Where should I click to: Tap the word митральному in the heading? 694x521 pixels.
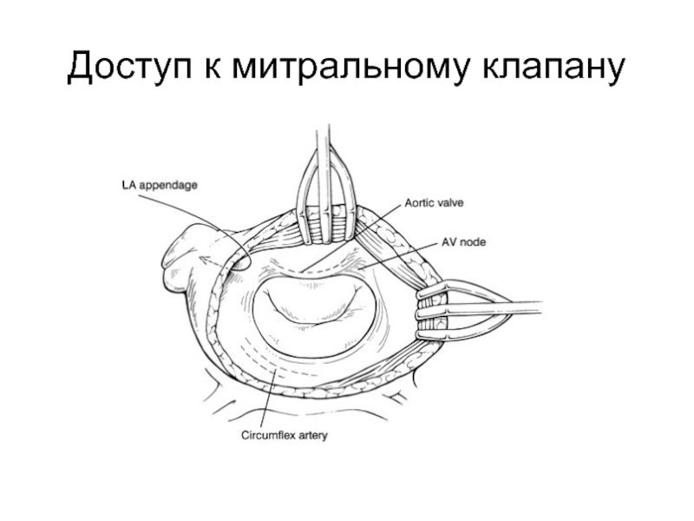click(x=355, y=67)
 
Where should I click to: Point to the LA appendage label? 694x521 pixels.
click(x=159, y=184)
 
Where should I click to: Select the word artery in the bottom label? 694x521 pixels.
click(x=311, y=436)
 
